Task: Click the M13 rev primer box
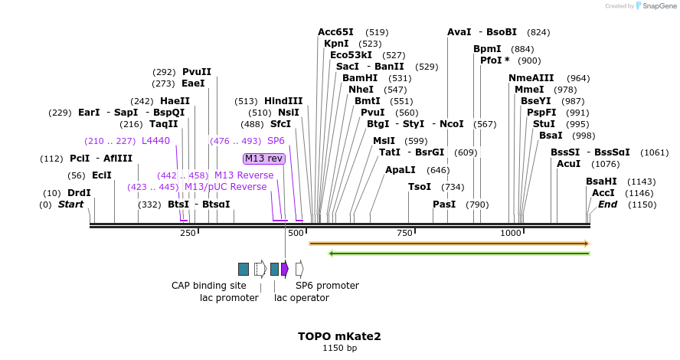[x=264, y=159]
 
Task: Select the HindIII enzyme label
[x=283, y=101]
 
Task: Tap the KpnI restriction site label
[x=337, y=44]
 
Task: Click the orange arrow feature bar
[x=449, y=244]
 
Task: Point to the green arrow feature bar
[x=459, y=253]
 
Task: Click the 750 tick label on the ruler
[x=404, y=233]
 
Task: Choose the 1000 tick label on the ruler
[x=511, y=233]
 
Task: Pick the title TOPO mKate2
[x=339, y=335]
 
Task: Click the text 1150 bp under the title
[x=339, y=348]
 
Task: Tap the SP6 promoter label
[x=327, y=286]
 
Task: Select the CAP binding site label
[x=209, y=286]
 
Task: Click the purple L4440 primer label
[x=155, y=141]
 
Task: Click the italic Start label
[x=70, y=205]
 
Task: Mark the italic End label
[x=607, y=205]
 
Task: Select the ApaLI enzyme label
[x=400, y=170]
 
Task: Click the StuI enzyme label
[x=544, y=124]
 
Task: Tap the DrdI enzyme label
[x=79, y=193]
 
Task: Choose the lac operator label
[x=302, y=297]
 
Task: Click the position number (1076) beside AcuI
[x=606, y=164]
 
